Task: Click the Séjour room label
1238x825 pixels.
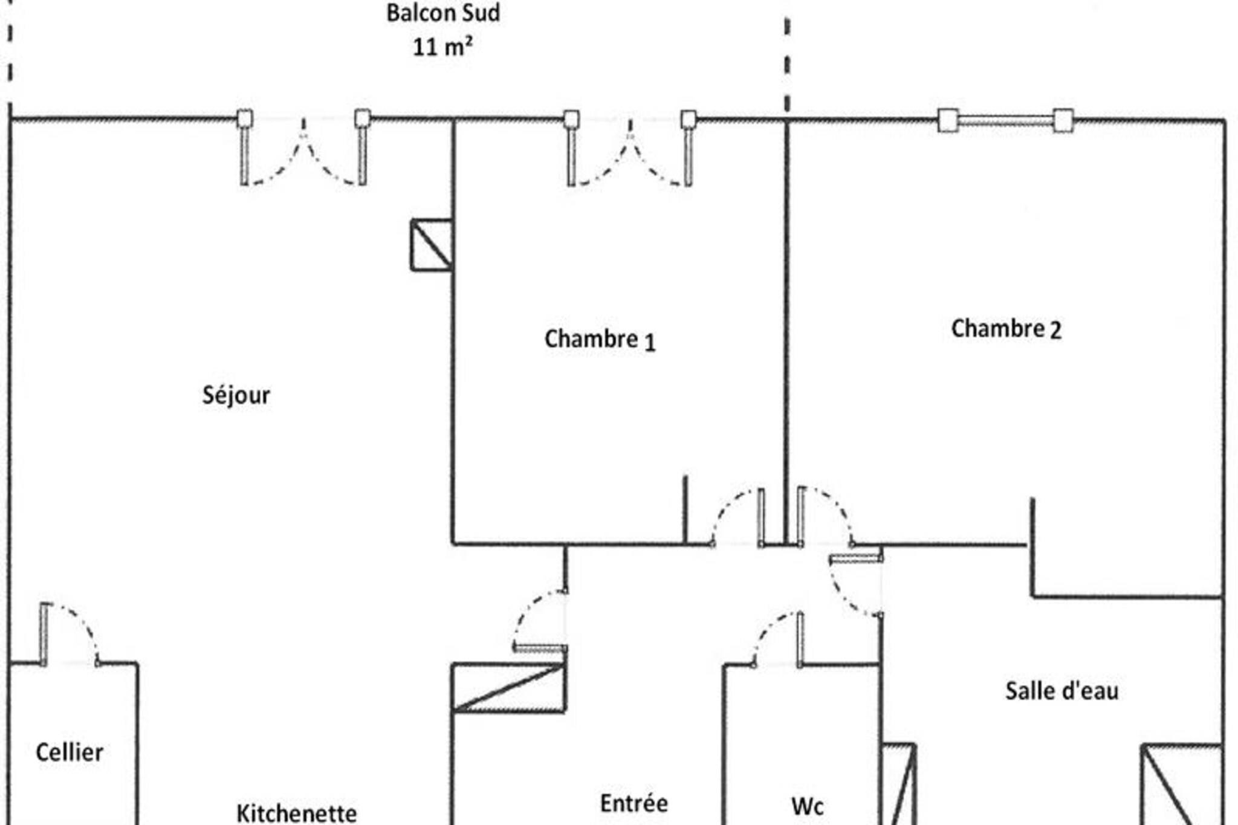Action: pyautogui.click(x=236, y=396)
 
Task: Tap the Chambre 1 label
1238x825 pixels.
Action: pyautogui.click(x=600, y=340)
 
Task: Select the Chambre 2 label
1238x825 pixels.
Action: pyautogui.click(x=1006, y=329)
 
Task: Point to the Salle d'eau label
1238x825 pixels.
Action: pyautogui.click(x=1061, y=691)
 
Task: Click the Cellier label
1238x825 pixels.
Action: pyautogui.click(x=70, y=752)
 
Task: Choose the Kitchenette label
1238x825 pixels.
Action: pyautogui.click(x=296, y=814)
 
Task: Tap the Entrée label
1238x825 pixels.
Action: pyautogui.click(x=634, y=803)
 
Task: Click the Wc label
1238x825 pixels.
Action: pyautogui.click(x=808, y=806)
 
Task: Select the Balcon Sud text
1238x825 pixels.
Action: pyautogui.click(x=443, y=13)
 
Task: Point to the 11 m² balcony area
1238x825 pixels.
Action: pyautogui.click(x=442, y=47)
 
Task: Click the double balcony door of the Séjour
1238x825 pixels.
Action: pyautogui.click(x=303, y=147)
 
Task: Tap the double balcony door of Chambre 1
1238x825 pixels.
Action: pyautogui.click(x=629, y=148)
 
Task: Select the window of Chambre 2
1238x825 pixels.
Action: pyautogui.click(x=1005, y=120)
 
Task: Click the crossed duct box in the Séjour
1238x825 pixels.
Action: pyautogui.click(x=432, y=245)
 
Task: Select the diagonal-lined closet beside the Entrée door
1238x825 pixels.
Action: pyautogui.click(x=509, y=688)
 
